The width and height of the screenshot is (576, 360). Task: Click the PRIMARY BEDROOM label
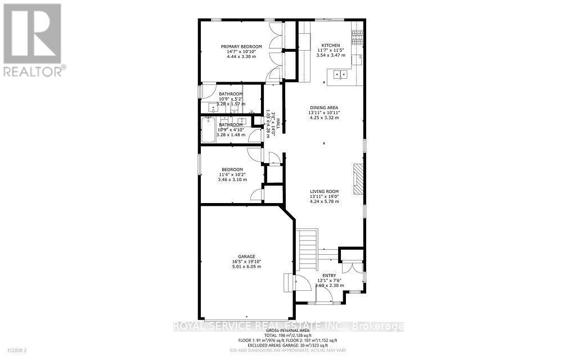[241, 47]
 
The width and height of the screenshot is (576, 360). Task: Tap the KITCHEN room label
[330, 46]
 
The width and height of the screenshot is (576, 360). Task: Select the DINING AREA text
[324, 107]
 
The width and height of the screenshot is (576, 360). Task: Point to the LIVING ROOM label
[324, 192]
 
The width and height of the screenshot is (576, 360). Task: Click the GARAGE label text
[246, 256]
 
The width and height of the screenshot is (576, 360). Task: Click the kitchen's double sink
[340, 74]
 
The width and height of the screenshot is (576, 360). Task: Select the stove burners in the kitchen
[357, 37]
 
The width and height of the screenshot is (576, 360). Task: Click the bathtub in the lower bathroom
[210, 129]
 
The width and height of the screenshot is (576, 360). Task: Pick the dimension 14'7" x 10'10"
[241, 52]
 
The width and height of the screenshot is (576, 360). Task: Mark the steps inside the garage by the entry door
[288, 281]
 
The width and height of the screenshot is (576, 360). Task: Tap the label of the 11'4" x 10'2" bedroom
[232, 169]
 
